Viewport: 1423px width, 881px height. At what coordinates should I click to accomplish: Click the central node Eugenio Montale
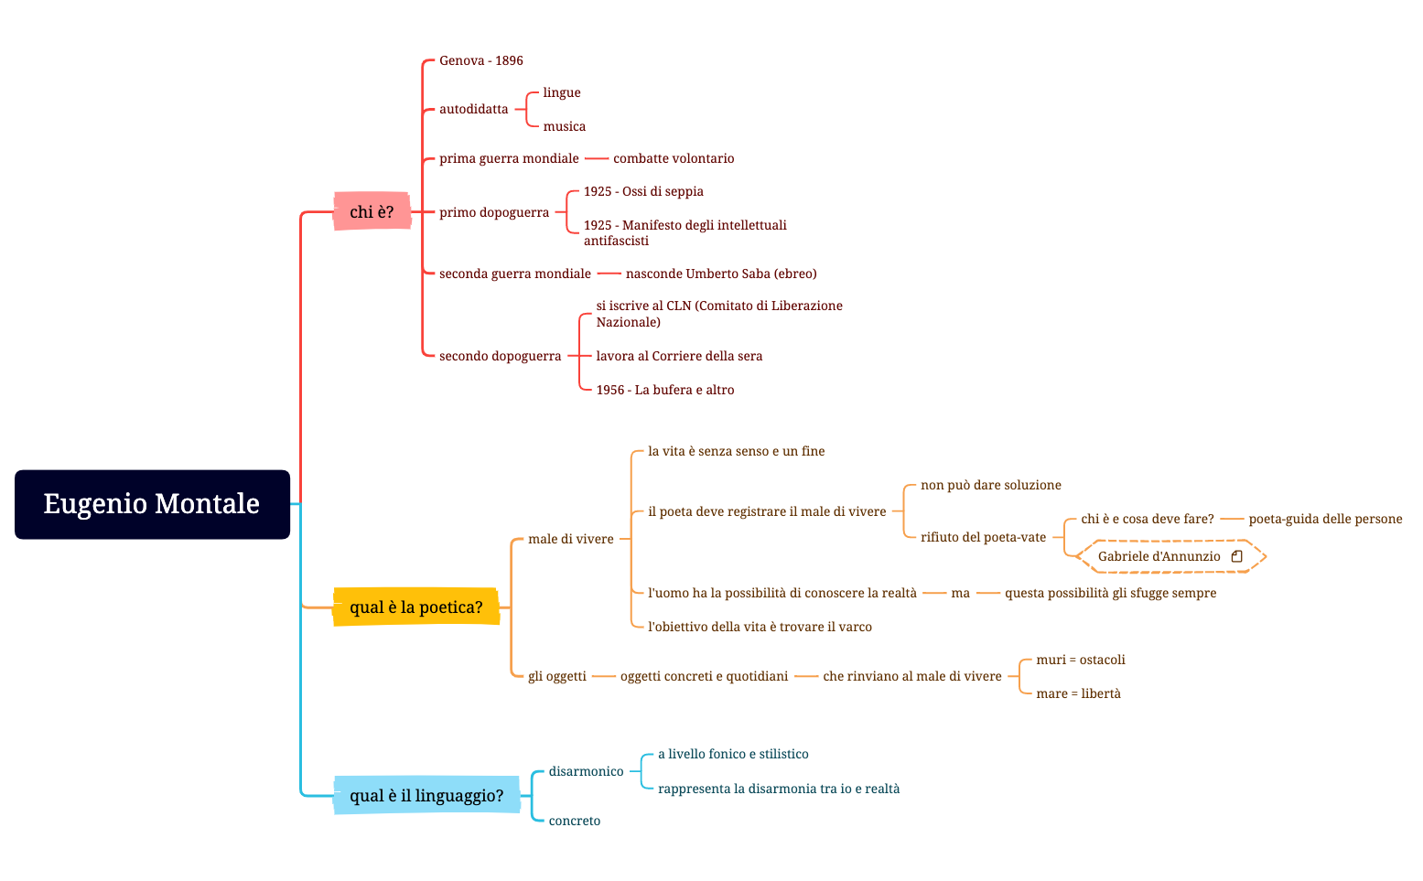coord(152,504)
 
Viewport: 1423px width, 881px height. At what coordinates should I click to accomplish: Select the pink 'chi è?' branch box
coord(372,211)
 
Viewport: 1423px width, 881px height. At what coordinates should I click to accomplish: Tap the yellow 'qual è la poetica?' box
coord(415,607)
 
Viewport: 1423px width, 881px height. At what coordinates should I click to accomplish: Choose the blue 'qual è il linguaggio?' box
coord(426,795)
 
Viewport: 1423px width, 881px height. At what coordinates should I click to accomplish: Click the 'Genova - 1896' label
coord(480,60)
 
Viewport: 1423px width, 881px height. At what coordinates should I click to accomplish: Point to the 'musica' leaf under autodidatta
coord(564,126)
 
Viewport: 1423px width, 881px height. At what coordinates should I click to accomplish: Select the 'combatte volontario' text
coord(674,158)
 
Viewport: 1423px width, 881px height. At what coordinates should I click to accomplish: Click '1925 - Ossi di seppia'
coord(643,191)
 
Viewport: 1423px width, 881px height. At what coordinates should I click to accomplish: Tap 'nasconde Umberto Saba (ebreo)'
coord(721,274)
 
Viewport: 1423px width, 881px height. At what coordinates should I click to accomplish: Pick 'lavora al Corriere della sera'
coord(679,356)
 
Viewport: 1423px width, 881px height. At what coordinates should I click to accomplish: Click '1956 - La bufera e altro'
coord(665,390)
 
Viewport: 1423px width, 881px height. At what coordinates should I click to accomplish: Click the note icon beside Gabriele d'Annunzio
coord(1236,556)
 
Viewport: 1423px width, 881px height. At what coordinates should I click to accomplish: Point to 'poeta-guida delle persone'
coord(1325,519)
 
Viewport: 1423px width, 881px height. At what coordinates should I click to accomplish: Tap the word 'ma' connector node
coord(960,593)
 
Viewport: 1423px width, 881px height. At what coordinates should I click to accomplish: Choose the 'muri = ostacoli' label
coord(1081,660)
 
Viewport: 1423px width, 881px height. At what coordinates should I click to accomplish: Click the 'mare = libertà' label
coord(1078,693)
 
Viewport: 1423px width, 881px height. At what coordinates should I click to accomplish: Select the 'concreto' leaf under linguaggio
coord(575,821)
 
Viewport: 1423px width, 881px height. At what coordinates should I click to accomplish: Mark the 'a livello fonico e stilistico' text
coord(733,754)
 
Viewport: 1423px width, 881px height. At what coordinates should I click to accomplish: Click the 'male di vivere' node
coord(570,539)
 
